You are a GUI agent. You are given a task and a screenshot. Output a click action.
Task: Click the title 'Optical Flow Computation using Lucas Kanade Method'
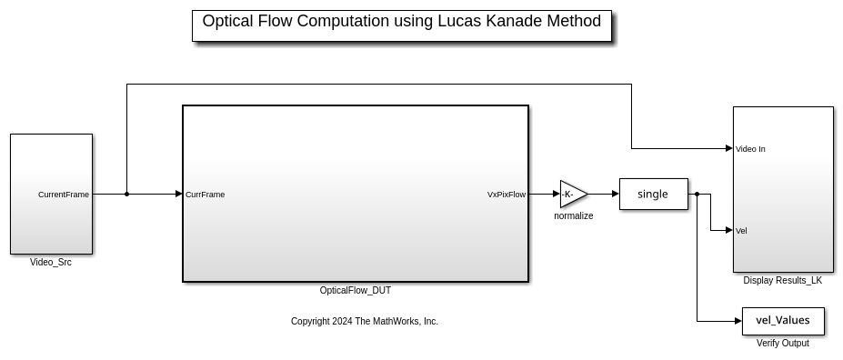[x=401, y=22]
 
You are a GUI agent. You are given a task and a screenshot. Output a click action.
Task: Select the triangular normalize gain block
[x=572, y=194]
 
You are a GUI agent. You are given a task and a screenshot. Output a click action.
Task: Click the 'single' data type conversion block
[x=653, y=194]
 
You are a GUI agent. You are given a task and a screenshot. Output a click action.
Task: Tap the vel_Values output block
[x=782, y=321]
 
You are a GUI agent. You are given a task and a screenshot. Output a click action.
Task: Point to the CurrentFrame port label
[x=64, y=195]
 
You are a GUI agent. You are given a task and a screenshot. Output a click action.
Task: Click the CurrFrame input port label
[x=206, y=195]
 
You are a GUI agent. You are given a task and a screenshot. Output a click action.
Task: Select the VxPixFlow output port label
[x=506, y=195]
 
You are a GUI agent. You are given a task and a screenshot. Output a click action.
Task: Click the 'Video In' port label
[x=750, y=149]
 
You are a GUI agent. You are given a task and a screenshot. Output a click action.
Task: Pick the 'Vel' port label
[x=741, y=231]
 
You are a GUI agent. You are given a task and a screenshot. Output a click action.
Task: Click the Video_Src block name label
[x=51, y=263]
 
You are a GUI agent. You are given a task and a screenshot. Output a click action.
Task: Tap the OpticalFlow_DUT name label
[x=356, y=291]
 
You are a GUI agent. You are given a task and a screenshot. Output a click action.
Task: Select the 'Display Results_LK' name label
[x=782, y=281]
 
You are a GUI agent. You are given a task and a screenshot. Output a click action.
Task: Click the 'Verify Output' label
[x=782, y=344]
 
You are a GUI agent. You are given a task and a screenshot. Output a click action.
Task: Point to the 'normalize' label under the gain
[x=573, y=216]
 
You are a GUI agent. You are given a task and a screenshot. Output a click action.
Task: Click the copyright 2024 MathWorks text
[x=364, y=322]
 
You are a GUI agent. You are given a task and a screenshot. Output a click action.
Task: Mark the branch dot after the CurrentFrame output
[x=126, y=194]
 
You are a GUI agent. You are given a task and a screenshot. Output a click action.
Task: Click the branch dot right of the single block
[x=697, y=194]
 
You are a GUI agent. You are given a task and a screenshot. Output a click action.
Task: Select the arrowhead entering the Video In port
[x=728, y=148]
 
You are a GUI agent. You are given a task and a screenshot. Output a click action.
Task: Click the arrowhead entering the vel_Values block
[x=738, y=321]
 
